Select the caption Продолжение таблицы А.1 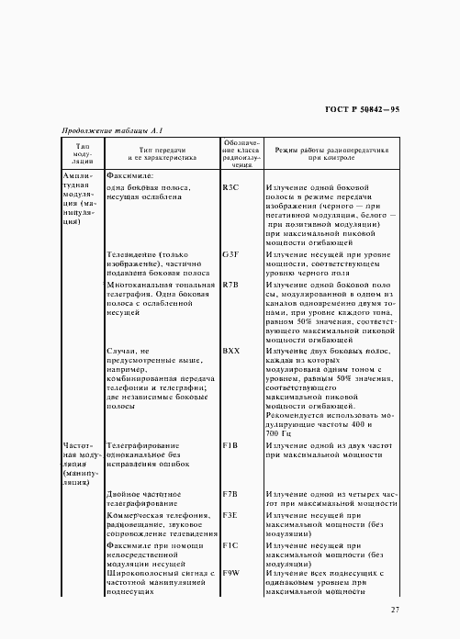pos(112,130)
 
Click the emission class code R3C pos(230,187)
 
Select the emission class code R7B pos(230,285)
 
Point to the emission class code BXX pos(230,351)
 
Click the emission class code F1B pos(230,444)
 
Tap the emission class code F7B pos(230,494)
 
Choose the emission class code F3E pos(230,517)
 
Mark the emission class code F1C pos(230,544)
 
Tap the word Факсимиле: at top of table pos(131,174)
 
